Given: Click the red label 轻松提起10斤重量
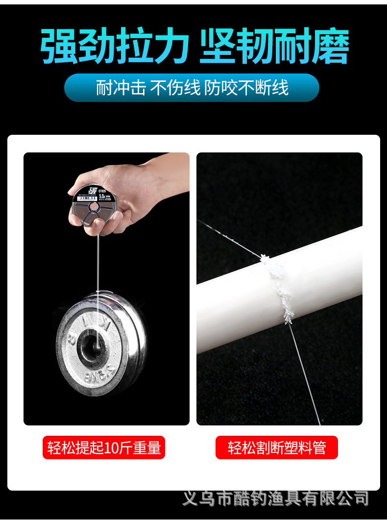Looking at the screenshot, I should pos(104,447).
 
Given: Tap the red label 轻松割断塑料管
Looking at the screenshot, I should pos(277,447).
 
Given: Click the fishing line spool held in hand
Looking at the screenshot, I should pos(96,206).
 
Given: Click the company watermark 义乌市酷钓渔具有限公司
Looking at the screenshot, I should pos(275,499).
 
